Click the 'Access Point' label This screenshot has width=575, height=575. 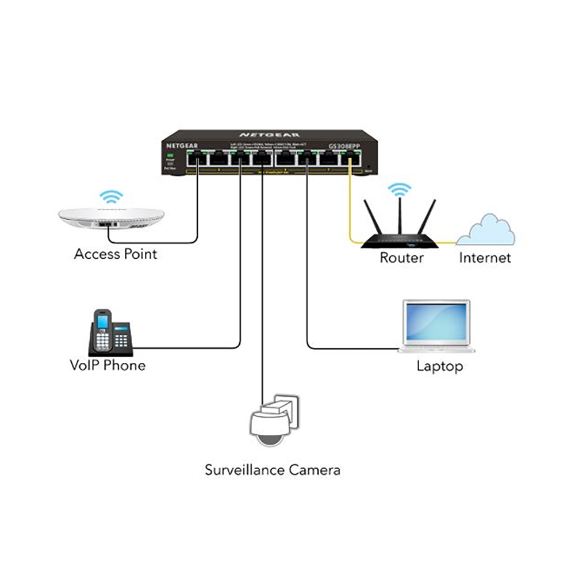tap(115, 254)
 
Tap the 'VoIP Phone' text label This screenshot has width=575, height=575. tap(107, 365)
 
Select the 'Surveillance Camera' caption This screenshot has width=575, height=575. tap(273, 470)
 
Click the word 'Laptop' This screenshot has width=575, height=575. tap(439, 366)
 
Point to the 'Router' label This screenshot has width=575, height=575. tap(401, 258)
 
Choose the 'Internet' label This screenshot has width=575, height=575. tap(485, 258)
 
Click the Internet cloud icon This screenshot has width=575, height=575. tap(492, 230)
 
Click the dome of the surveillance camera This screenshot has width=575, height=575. tap(269, 435)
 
